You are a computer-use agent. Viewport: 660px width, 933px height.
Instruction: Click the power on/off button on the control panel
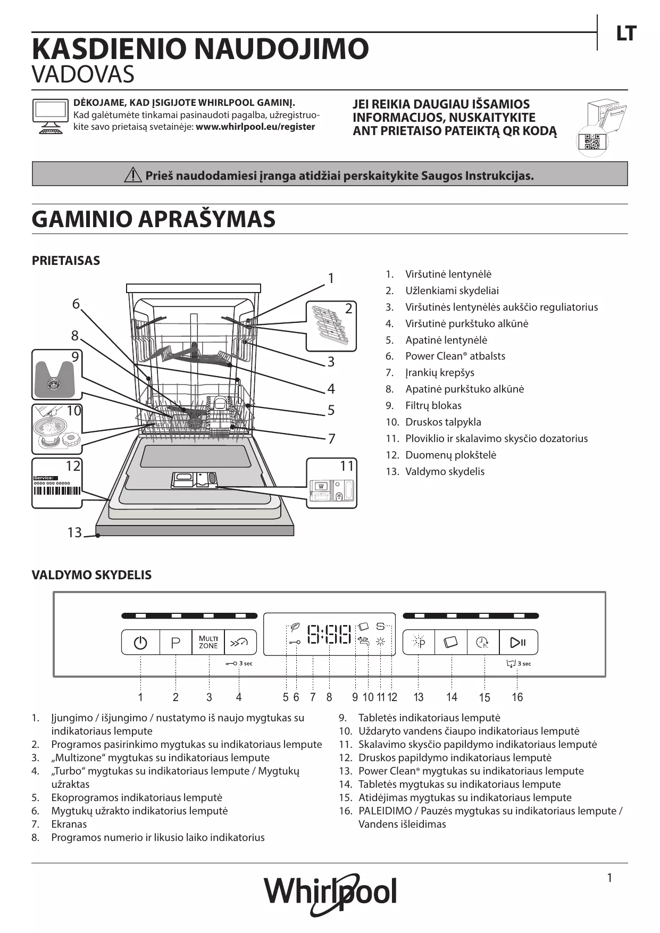pos(140,643)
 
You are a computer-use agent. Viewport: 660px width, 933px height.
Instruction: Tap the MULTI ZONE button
pos(208,643)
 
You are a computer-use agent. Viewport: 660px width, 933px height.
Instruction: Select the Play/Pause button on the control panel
pos(518,643)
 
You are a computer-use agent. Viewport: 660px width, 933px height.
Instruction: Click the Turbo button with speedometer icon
pos(240,643)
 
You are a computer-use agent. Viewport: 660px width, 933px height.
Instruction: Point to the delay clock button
pos(482,643)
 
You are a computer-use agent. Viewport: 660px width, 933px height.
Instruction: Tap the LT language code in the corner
pos(626,34)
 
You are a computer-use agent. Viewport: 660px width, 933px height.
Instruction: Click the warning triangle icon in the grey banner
pos(132,175)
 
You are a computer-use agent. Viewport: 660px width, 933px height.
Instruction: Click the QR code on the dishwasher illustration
pos(592,143)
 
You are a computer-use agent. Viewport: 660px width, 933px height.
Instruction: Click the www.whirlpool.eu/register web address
pos(255,127)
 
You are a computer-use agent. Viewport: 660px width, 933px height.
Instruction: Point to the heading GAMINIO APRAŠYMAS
pos(154,219)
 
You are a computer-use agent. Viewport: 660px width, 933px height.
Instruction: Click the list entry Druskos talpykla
pos(443,422)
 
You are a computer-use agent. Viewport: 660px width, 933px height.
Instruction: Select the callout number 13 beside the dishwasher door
pos(74,532)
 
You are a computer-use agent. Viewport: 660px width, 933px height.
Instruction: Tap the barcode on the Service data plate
pos(57,491)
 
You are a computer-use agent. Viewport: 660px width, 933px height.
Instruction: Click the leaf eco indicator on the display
pos(294,627)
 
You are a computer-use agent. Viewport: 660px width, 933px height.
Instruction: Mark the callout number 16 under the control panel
pos(517,697)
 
